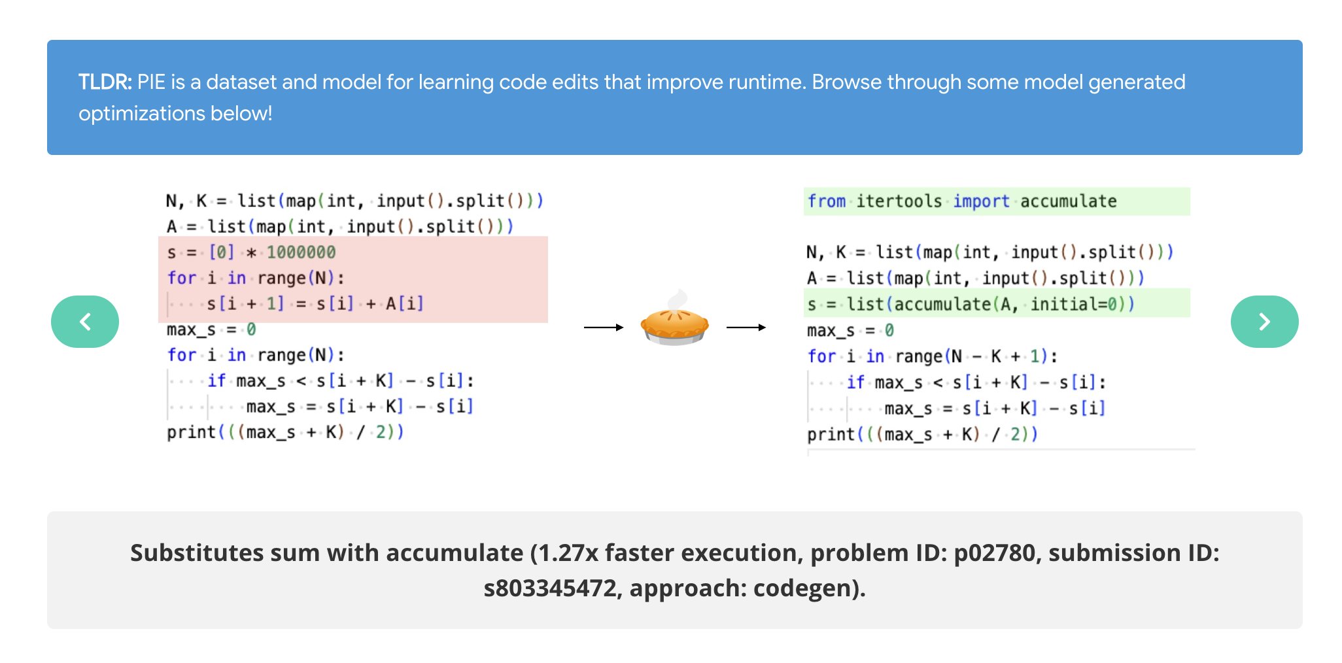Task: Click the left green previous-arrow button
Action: (85, 322)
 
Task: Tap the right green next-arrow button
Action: (1264, 322)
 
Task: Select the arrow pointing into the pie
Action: (603, 327)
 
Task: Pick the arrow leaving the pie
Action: (746, 327)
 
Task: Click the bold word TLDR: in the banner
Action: (105, 82)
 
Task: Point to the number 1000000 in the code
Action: (301, 252)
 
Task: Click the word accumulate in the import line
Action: (1068, 201)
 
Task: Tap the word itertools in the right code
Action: (899, 201)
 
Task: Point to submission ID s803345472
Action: (551, 588)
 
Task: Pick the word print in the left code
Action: (191, 433)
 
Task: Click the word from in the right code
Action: (826, 201)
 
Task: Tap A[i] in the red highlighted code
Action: (404, 304)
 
